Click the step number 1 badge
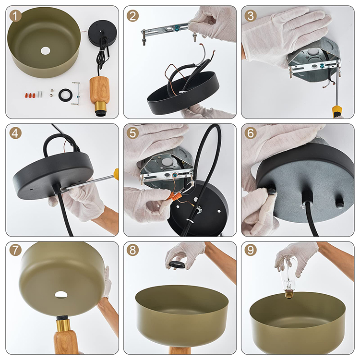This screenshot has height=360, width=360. click(x=15, y=16)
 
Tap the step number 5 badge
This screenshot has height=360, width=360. click(x=132, y=133)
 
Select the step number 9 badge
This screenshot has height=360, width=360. click(x=251, y=250)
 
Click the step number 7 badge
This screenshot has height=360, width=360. click(x=15, y=250)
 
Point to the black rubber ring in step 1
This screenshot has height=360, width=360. click(x=66, y=95)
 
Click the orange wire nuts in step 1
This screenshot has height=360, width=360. click(x=30, y=95)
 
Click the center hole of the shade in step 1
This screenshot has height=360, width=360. click(x=45, y=51)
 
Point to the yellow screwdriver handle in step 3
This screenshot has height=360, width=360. click(x=337, y=112)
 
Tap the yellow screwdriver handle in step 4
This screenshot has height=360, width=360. click(x=116, y=173)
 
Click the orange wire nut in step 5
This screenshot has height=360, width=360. click(x=175, y=196)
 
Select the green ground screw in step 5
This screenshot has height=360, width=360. click(x=175, y=175)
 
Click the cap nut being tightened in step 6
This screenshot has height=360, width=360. click(x=271, y=191)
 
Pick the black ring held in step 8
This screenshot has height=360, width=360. click(x=177, y=264)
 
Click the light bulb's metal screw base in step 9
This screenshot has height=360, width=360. click(x=289, y=294)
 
